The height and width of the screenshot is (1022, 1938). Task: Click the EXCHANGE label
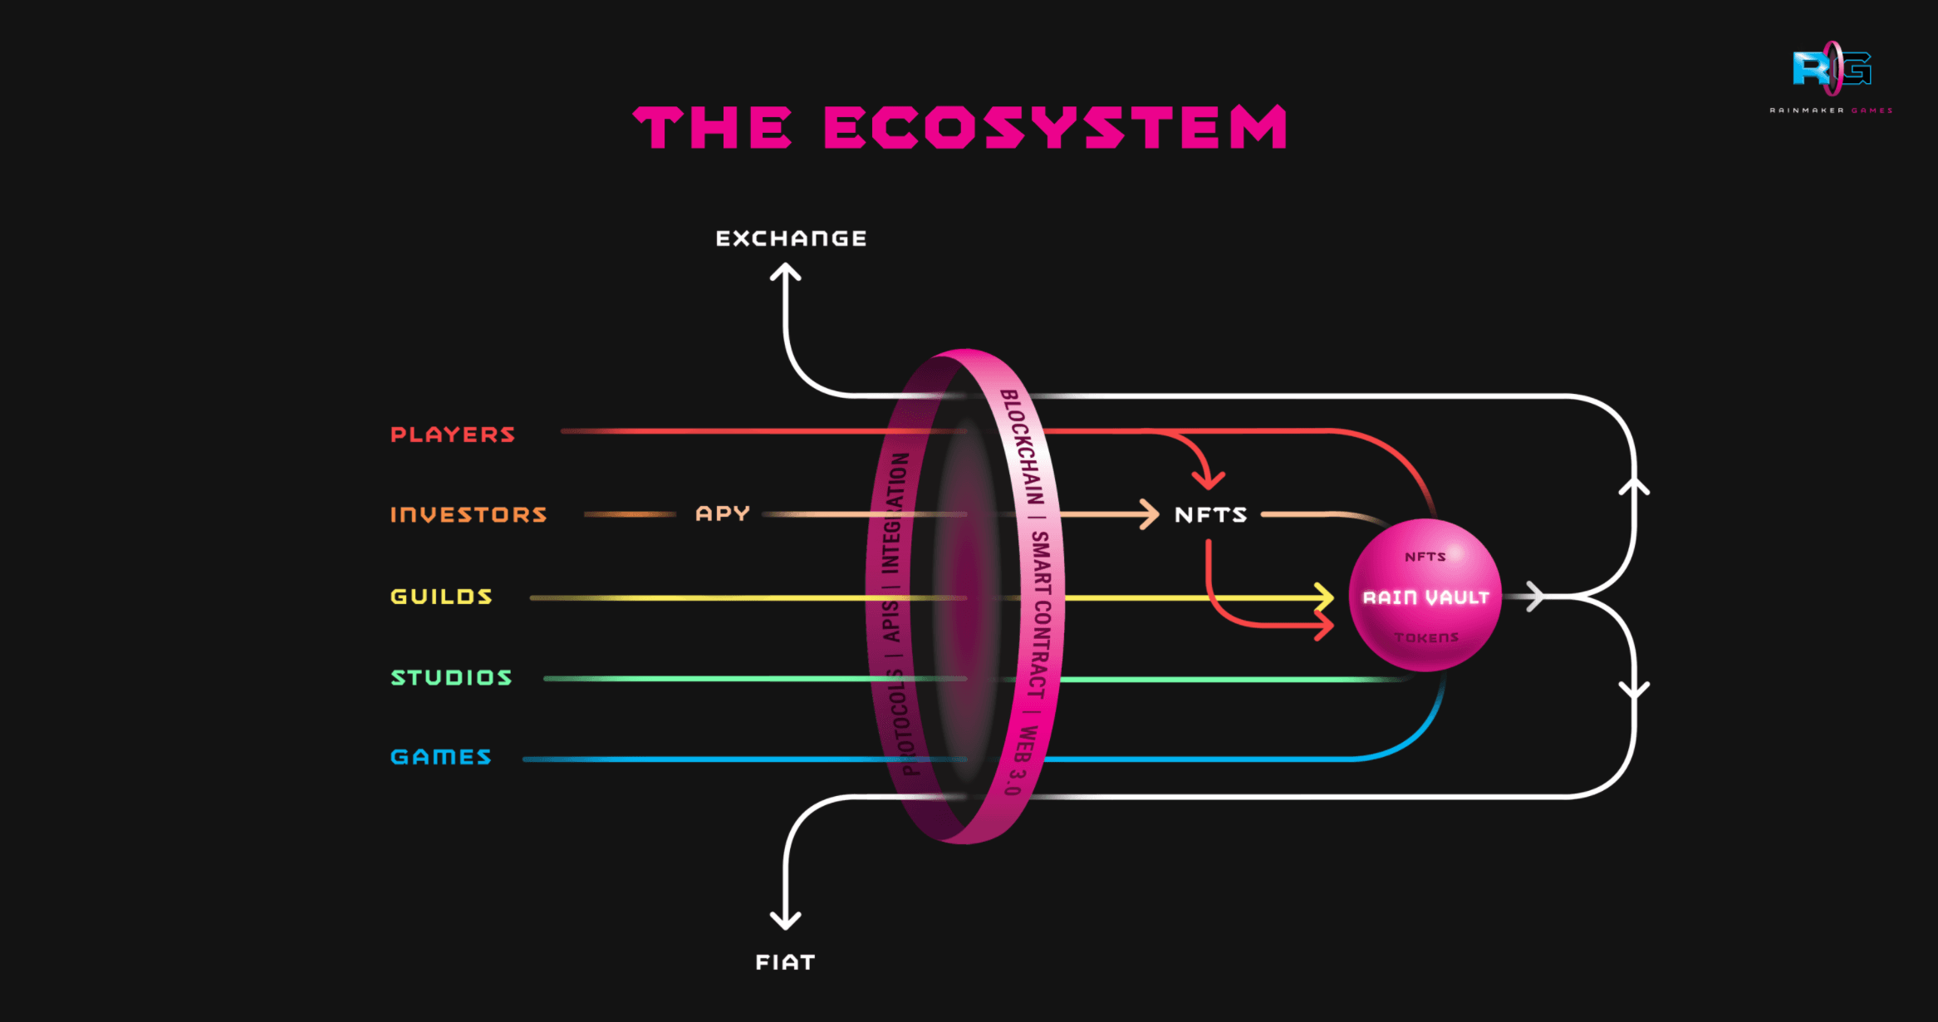[x=791, y=239]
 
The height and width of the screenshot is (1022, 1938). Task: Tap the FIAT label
[x=785, y=962]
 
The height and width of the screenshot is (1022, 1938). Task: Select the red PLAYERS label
[x=453, y=435]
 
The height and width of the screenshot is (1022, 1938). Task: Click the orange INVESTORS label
[x=469, y=515]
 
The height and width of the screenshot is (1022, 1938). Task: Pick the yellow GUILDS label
[x=441, y=597]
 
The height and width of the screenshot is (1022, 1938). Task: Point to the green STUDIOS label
[x=451, y=678]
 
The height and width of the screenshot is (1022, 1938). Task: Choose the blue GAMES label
[x=441, y=757]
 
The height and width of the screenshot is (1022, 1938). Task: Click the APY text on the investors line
[x=723, y=513]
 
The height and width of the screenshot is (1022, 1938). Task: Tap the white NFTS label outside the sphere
[x=1210, y=515]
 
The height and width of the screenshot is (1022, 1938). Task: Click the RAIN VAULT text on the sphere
[x=1425, y=597]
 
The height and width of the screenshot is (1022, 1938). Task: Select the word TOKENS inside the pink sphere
[x=1426, y=638]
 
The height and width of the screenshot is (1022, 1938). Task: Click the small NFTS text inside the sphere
[x=1425, y=557]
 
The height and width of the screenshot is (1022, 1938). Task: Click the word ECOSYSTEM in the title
[x=1055, y=128]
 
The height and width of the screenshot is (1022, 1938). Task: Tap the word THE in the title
[x=713, y=128]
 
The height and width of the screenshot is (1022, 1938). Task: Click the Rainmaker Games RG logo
[x=1831, y=70]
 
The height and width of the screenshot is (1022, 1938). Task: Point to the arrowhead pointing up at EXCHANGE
[x=785, y=273]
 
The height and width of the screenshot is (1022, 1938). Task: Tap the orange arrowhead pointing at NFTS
[x=1150, y=514]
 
